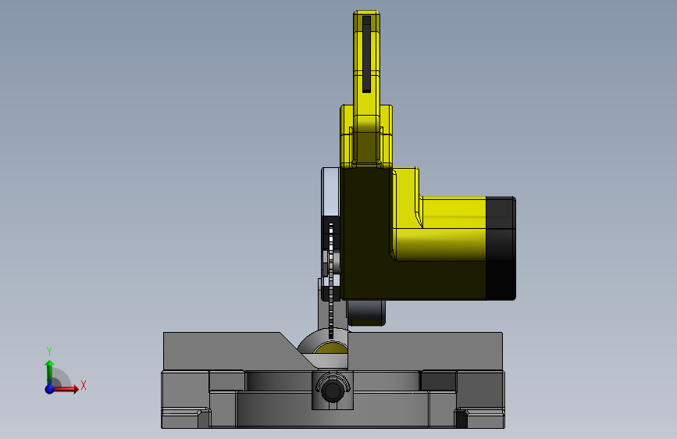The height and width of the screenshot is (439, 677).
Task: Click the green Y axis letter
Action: (x=49, y=351)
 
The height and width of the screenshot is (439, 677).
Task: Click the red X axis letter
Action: (x=84, y=385)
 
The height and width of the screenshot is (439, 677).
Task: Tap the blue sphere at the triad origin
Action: (x=50, y=389)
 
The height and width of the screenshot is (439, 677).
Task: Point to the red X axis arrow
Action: (x=65, y=389)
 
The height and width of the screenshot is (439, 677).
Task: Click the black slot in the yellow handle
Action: (x=366, y=54)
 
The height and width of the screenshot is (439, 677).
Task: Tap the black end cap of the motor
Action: (x=501, y=248)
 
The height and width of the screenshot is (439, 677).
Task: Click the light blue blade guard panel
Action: (x=330, y=192)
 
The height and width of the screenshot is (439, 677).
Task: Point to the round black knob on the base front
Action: (x=332, y=390)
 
